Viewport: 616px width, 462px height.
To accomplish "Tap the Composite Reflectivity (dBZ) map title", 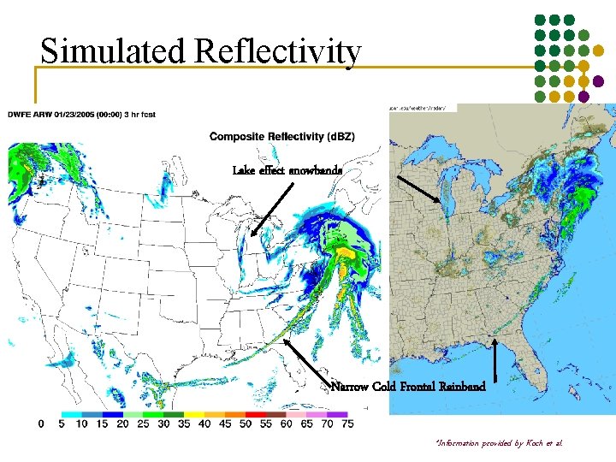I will click(282, 137).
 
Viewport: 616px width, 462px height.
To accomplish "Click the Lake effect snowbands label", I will click(287, 170).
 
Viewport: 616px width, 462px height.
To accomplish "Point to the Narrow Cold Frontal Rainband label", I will click(408, 387).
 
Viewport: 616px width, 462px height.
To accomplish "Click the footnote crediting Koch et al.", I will click(500, 443).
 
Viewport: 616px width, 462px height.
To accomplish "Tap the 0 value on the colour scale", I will click(41, 423).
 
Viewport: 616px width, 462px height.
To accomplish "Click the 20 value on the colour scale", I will click(122, 423).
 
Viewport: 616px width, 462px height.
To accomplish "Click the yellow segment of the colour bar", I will click(194, 413).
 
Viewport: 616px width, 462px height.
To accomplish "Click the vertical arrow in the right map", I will click(497, 358).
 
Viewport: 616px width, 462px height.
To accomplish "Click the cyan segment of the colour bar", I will click(70, 413).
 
